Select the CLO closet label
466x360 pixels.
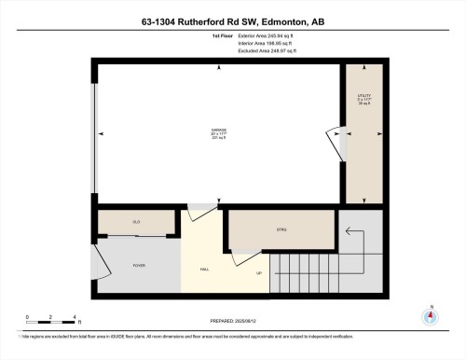click(136, 222)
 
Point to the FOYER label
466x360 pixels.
click(138, 265)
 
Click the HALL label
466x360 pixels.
click(204, 270)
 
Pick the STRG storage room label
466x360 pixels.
click(281, 228)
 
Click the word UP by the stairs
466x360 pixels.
click(259, 273)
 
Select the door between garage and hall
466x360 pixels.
click(199, 212)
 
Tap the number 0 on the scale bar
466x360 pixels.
click(27, 318)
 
